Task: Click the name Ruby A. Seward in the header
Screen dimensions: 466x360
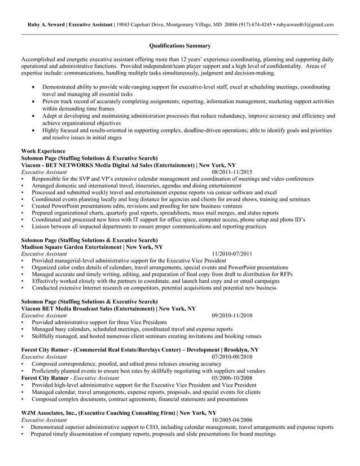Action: tap(46, 25)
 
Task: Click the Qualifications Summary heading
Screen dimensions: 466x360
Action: tap(180, 46)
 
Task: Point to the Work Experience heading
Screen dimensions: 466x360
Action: tap(43, 151)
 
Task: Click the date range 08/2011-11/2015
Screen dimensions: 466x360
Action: tap(232, 172)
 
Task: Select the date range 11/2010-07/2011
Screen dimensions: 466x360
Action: tap(232, 254)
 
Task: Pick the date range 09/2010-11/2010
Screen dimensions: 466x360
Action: tap(232, 315)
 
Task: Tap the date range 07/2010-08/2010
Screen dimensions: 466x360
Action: tap(232, 357)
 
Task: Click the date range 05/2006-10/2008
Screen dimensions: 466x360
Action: tap(232, 377)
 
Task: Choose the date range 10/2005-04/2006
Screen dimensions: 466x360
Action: tap(232, 420)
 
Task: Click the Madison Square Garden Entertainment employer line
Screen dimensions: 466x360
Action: tap(92, 247)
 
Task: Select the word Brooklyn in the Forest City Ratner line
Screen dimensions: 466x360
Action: tap(235, 350)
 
